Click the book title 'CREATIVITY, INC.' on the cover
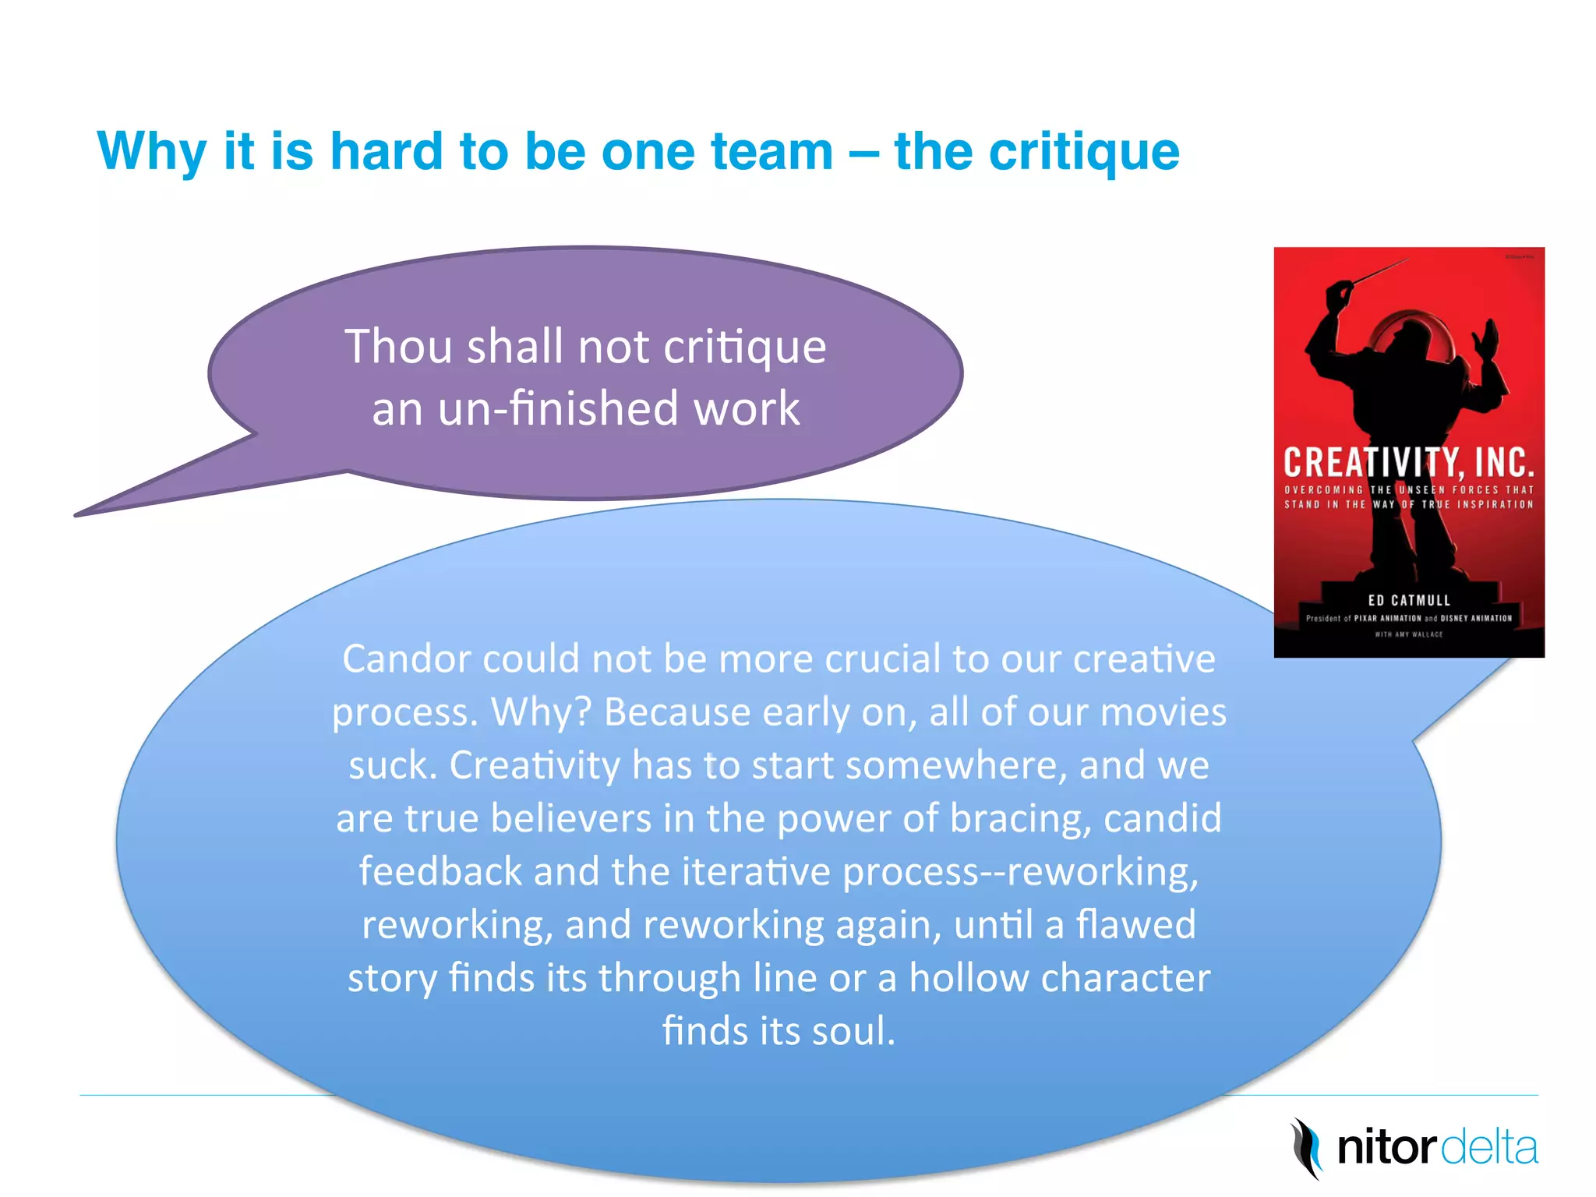click(1408, 462)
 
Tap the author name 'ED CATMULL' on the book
click(1409, 600)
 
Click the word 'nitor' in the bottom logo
click(1386, 1148)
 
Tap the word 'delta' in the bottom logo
click(1488, 1148)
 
